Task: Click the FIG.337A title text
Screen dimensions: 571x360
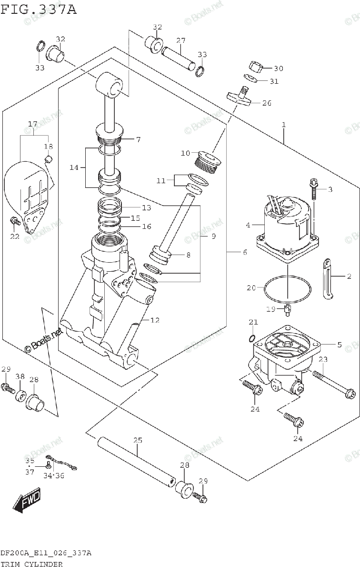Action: coord(38,9)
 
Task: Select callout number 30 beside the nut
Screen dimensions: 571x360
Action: coord(278,69)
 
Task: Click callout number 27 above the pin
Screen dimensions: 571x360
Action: coord(180,40)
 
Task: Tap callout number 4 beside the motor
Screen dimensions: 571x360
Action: coord(248,225)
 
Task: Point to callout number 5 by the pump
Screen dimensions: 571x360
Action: coord(325,345)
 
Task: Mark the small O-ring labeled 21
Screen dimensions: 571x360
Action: coord(252,338)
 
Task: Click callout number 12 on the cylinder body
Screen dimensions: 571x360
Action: coord(154,320)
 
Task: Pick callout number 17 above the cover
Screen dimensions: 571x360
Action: coord(32,124)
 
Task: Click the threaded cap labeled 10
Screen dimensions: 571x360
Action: coord(208,162)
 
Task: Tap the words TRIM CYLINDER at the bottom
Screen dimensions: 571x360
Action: coord(31,564)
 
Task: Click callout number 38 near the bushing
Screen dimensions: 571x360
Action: coord(20,376)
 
